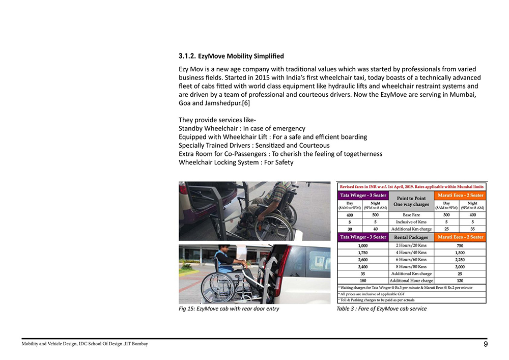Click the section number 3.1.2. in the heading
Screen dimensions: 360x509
coord(187,56)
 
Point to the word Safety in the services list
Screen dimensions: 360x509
coord(283,162)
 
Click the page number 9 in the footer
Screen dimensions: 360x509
coord(486,345)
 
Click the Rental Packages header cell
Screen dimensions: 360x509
coord(411,237)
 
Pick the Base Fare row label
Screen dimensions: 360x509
coord(411,215)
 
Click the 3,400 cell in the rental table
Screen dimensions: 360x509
coord(363,266)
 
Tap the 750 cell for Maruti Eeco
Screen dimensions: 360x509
coord(459,245)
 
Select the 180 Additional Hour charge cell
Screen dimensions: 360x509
coord(363,281)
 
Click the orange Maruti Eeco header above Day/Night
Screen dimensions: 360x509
coord(459,195)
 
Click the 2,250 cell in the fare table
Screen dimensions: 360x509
coord(459,259)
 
